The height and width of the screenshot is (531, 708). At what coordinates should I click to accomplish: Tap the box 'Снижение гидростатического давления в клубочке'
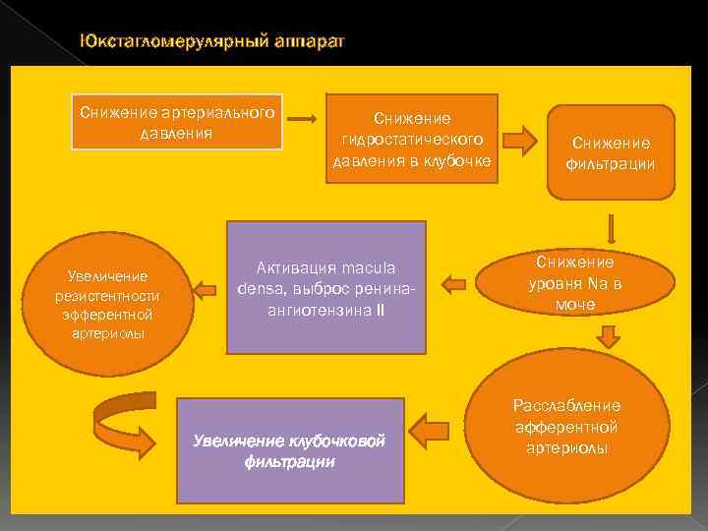click(x=412, y=139)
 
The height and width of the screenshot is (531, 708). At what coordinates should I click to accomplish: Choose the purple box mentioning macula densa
click(x=326, y=287)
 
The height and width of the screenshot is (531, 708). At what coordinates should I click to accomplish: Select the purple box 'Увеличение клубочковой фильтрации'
click(x=290, y=450)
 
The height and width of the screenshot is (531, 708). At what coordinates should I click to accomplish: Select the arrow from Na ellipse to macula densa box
click(x=453, y=285)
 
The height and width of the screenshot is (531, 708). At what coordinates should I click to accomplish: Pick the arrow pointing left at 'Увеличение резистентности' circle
click(x=206, y=289)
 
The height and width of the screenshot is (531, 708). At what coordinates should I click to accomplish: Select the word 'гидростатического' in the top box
click(x=411, y=139)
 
